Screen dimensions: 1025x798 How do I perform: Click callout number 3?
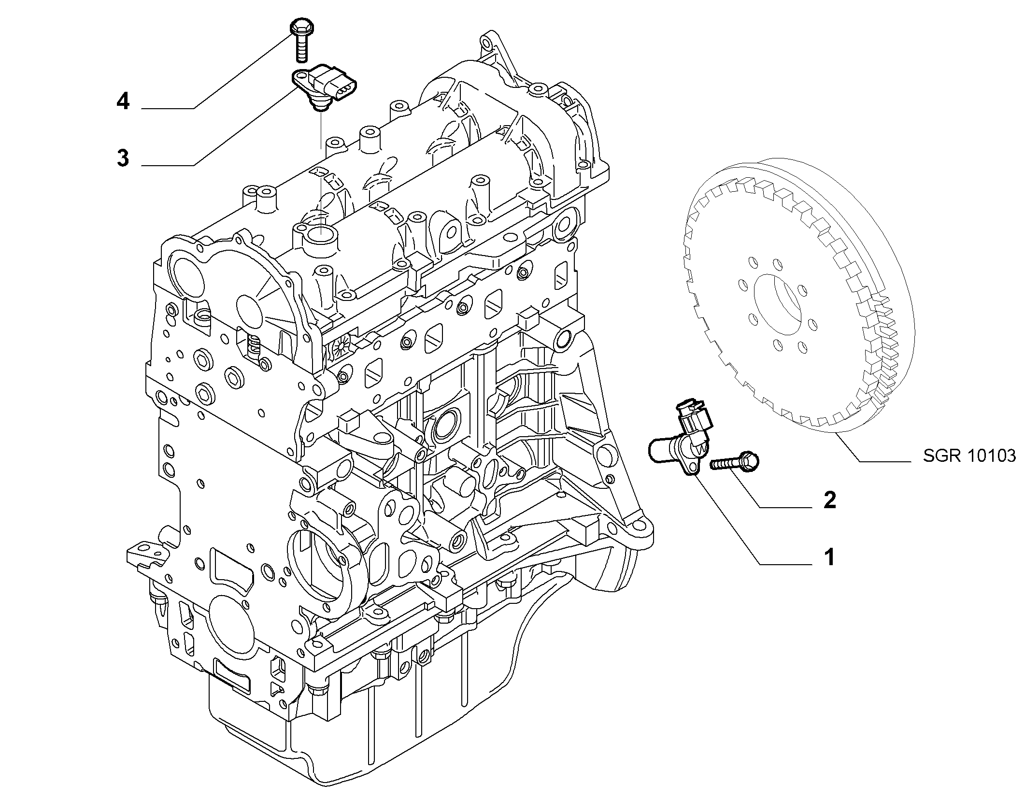click(x=123, y=158)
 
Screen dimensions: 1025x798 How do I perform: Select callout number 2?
click(x=829, y=500)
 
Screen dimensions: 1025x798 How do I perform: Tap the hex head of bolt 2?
click(x=749, y=461)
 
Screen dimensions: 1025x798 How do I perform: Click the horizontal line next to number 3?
click(x=168, y=166)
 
